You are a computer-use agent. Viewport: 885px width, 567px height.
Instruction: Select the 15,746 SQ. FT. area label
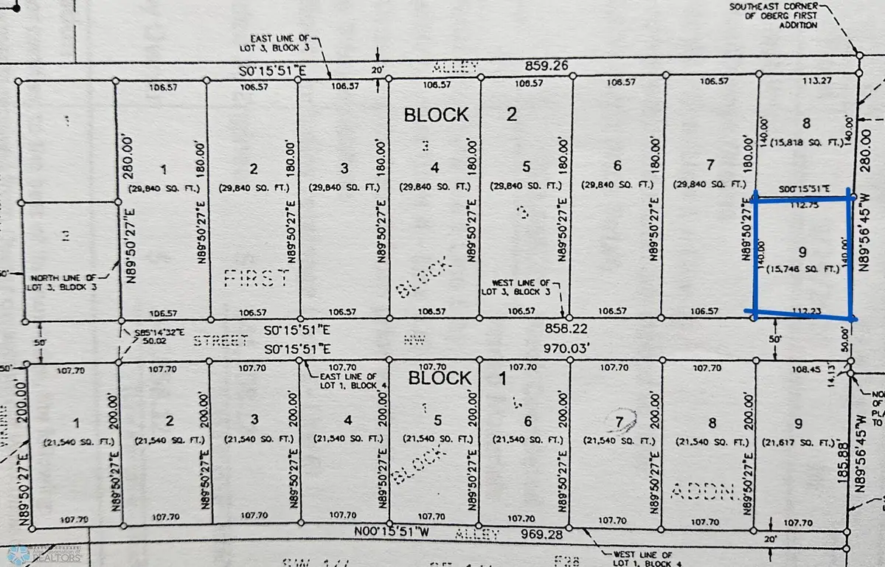point(801,269)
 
